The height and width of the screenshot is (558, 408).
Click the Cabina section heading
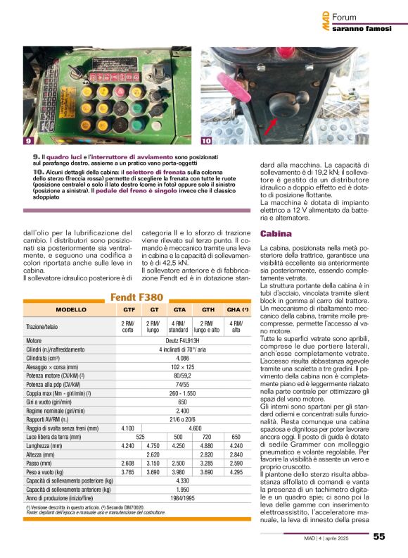pyautogui.click(x=272, y=233)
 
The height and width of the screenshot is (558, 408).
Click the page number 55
pyautogui.click(x=378, y=536)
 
